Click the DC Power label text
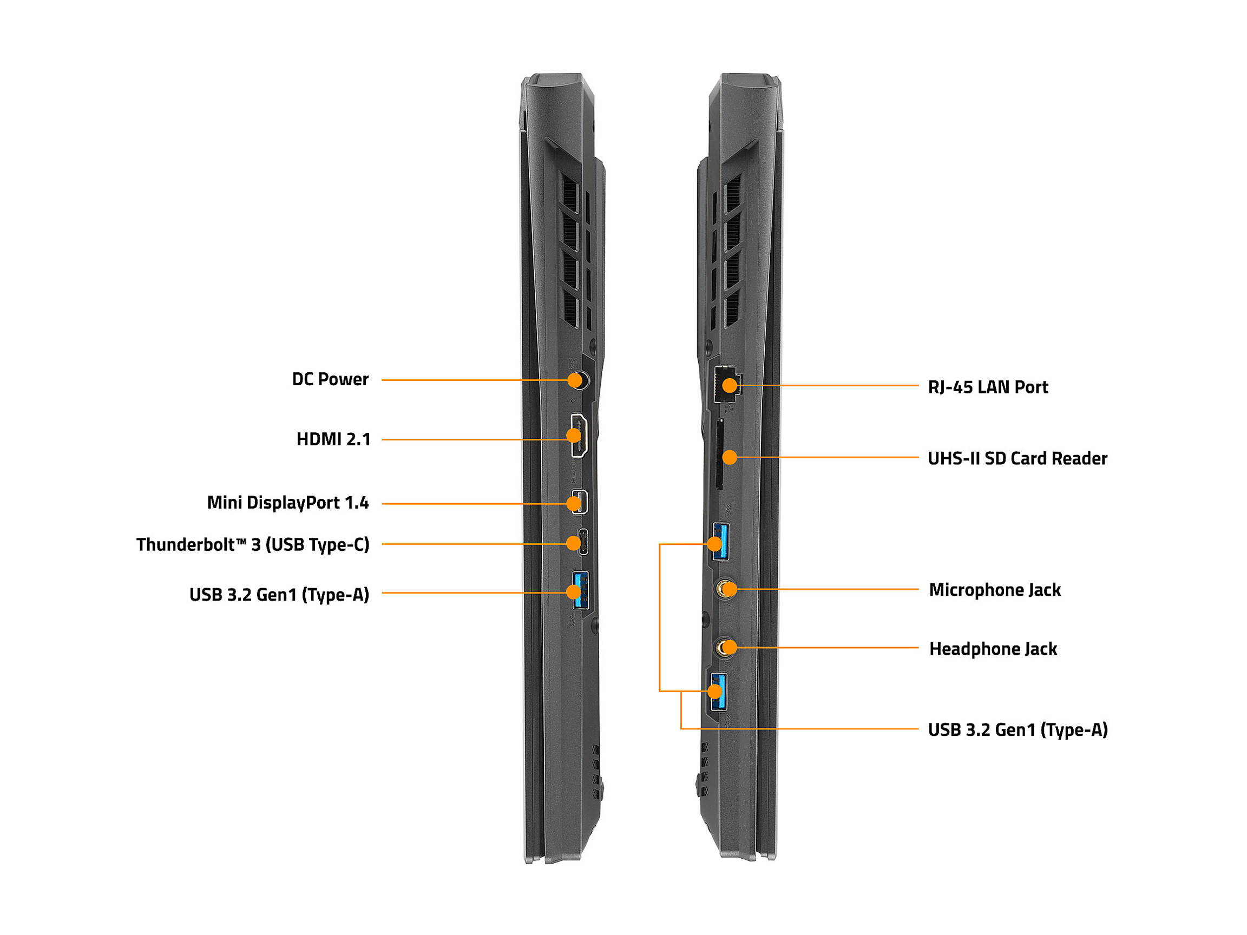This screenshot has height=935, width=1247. (330, 379)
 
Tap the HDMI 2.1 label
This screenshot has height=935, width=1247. (334, 439)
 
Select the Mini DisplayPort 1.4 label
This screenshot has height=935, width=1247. (287, 502)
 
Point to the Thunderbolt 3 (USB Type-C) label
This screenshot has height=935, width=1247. (253, 544)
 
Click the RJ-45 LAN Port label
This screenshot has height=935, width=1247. (988, 387)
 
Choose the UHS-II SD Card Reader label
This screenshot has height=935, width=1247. (1017, 458)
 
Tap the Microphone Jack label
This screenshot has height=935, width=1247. (994, 590)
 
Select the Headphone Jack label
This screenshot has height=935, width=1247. (993, 649)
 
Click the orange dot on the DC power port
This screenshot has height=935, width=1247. (574, 380)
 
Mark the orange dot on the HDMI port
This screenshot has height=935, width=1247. (573, 435)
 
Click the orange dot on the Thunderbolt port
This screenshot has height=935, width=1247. (573, 543)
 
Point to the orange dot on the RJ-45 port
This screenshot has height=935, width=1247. (730, 385)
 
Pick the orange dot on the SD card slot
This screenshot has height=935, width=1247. (730, 457)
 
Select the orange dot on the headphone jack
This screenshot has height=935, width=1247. (728, 647)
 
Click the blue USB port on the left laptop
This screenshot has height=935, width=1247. (580, 590)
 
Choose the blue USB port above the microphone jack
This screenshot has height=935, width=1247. (720, 541)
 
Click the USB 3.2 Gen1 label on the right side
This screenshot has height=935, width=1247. (1018, 730)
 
